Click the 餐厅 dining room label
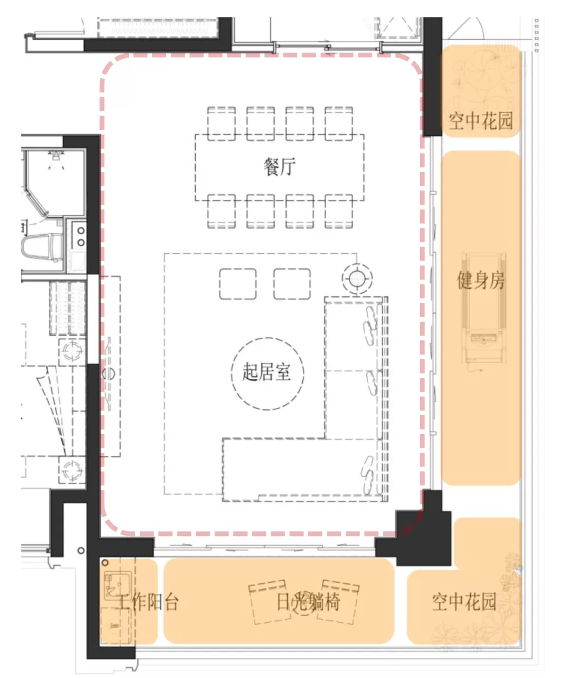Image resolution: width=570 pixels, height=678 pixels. [x=279, y=167]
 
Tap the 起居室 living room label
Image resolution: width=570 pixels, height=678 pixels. [x=267, y=372]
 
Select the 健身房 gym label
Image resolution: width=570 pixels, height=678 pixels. [x=481, y=280]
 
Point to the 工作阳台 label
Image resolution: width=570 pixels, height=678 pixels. [x=148, y=602]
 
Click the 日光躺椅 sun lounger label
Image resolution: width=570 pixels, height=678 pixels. [x=309, y=602]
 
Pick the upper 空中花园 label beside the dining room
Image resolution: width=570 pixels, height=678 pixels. [x=481, y=121]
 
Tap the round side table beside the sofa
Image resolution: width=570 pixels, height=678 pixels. [x=357, y=278]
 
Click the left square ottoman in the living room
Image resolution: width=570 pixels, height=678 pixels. [x=237, y=284]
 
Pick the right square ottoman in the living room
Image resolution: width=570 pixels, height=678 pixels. [x=292, y=284]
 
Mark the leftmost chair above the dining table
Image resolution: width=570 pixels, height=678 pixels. [x=221, y=122]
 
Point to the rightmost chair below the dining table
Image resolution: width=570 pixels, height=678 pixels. [x=339, y=211]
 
